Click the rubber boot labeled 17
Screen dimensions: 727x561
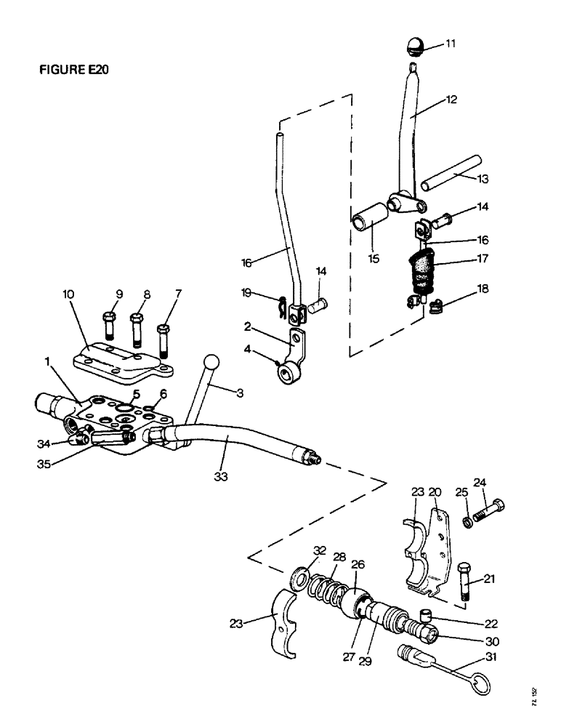pos(420,268)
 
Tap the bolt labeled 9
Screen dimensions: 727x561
pos(110,325)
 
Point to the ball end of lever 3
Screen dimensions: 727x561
pos(211,361)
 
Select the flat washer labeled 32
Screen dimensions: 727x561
pos(298,579)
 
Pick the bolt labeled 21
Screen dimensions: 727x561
pos(466,579)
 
